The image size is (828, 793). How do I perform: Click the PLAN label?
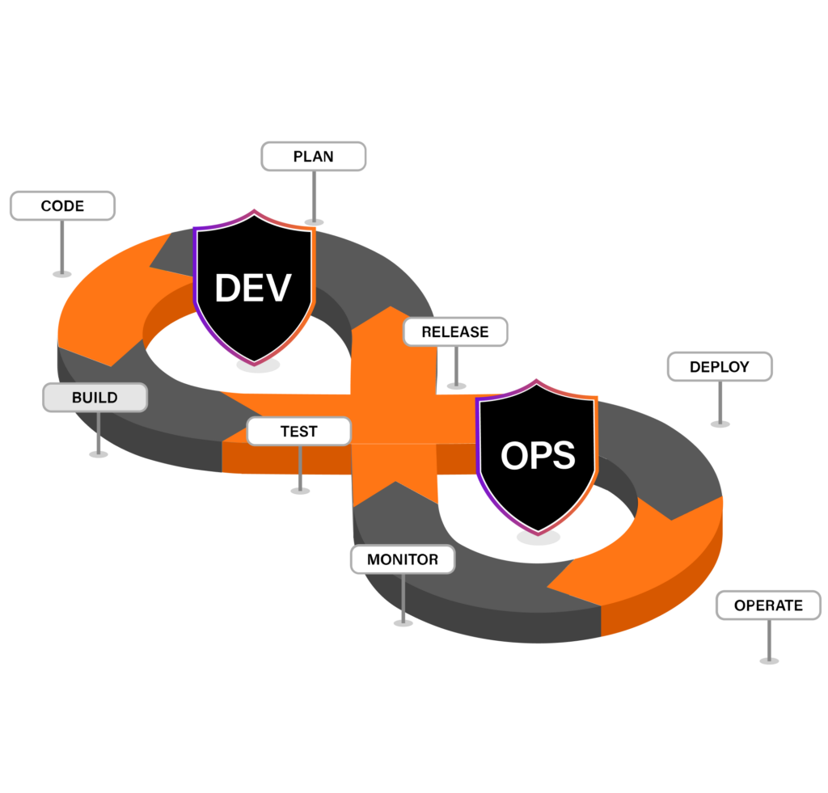tap(313, 156)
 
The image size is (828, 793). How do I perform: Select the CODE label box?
tap(62, 205)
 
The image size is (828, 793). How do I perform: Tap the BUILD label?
tap(95, 398)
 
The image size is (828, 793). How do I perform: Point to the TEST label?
tap(299, 432)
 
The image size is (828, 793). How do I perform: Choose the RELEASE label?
tap(455, 331)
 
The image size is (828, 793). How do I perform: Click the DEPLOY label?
tap(720, 366)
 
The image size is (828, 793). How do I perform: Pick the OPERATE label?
tap(768, 605)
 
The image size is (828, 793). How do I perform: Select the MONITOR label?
tap(403, 559)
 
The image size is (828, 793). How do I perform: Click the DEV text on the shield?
tap(253, 288)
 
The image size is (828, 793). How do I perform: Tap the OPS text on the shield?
tap(538, 456)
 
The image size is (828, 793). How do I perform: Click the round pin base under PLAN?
tap(314, 221)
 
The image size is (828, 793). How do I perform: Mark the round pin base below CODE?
tap(62, 274)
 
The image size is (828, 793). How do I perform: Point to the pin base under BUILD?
tap(99, 454)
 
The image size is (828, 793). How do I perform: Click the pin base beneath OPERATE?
tap(769, 661)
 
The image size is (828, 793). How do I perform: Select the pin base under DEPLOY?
tap(720, 424)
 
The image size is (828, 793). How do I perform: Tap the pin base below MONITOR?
tap(403, 623)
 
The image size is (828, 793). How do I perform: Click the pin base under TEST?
tap(300, 490)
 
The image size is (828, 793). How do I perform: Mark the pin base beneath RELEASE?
tap(457, 386)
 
